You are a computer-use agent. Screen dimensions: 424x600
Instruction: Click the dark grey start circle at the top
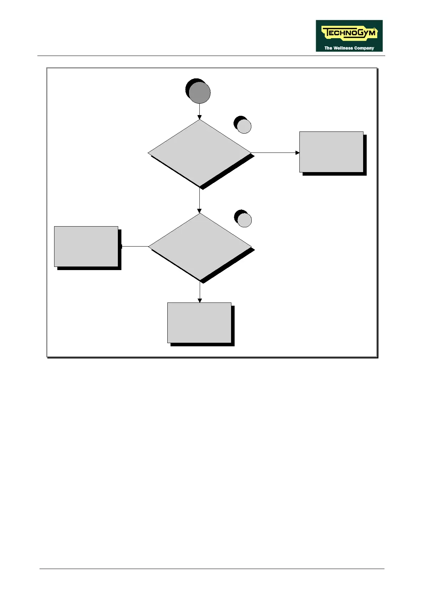pos(199,93)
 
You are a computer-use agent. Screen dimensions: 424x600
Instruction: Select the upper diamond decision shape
pos(200,153)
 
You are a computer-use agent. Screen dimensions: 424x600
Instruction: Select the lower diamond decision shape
pos(200,247)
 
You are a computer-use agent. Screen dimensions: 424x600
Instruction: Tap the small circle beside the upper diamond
pos(244,126)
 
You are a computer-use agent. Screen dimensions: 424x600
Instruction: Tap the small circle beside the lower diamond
pos(244,220)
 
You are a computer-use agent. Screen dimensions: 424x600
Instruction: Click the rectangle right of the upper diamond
pos(331,152)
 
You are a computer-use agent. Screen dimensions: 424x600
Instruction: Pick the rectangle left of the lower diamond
pos(86,246)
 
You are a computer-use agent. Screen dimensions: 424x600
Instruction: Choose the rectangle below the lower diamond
pos(199,323)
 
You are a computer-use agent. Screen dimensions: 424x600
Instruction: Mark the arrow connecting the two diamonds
pos(199,200)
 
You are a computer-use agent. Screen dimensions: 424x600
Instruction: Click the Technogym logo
pos(349,36)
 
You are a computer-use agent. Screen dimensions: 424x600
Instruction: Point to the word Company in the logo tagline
pos(364,48)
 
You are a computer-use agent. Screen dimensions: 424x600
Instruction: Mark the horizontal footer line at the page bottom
pos(212,569)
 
